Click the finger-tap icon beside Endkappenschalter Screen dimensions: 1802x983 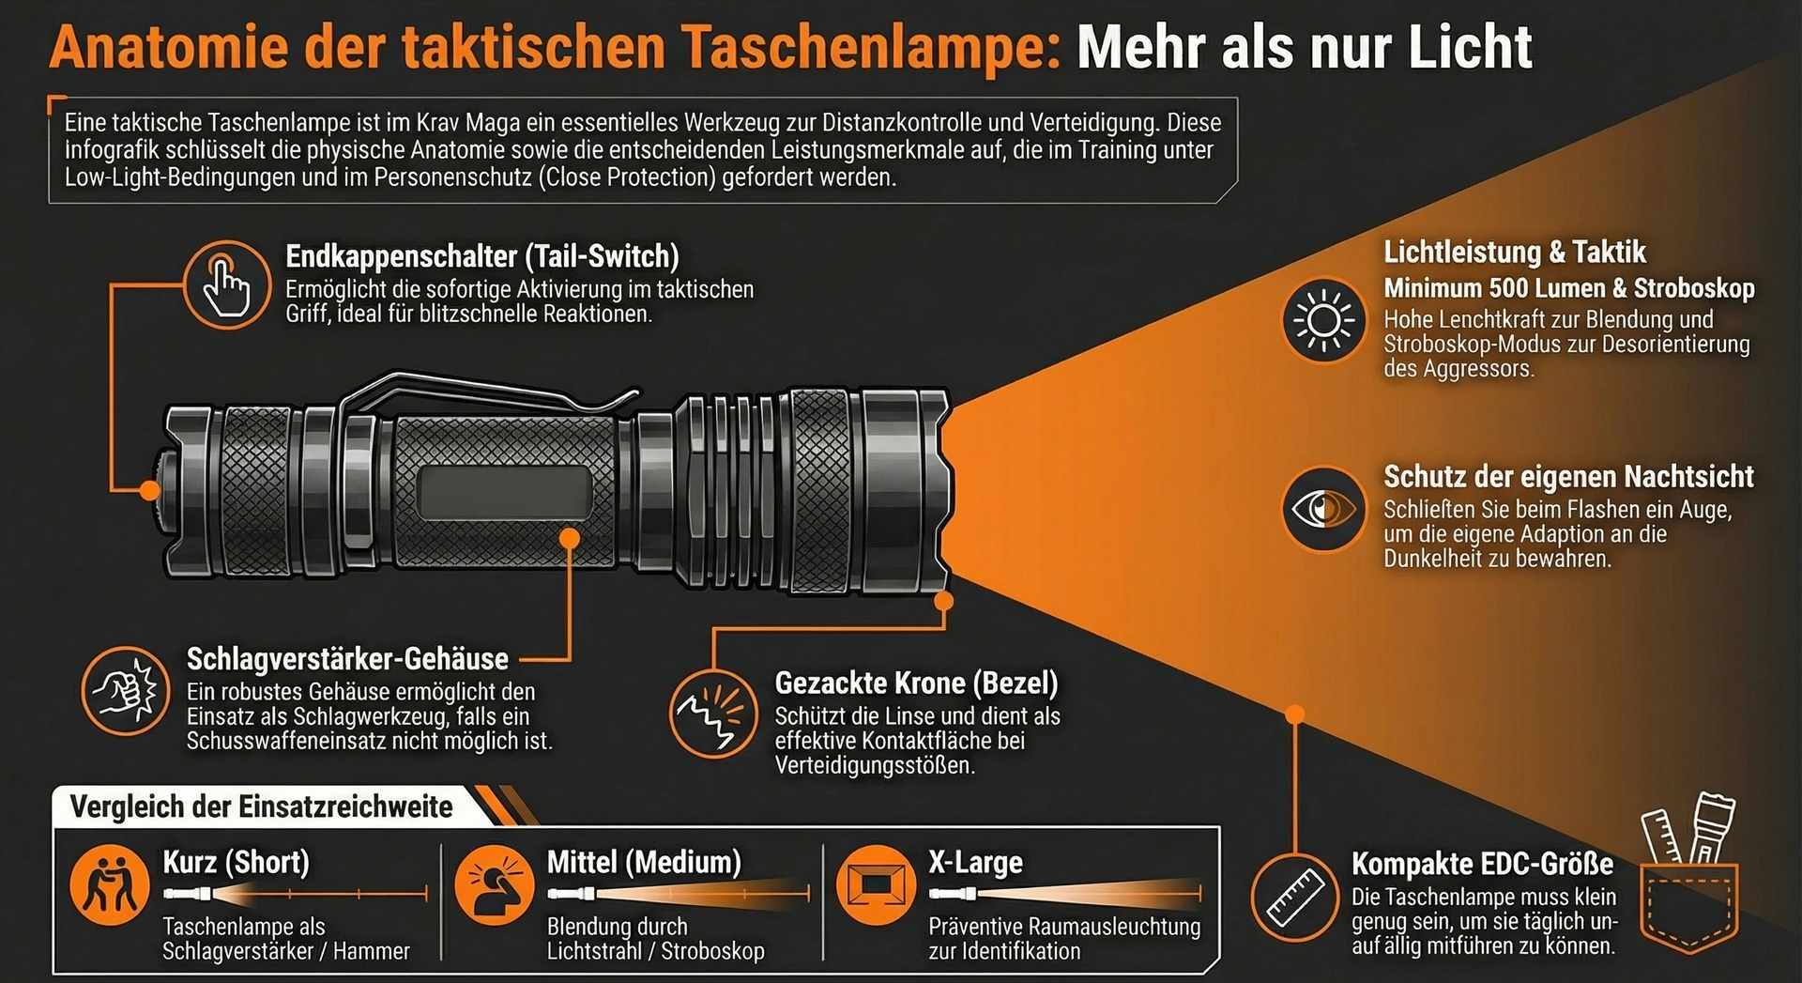[226, 284]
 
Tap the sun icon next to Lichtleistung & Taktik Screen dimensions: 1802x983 [1323, 320]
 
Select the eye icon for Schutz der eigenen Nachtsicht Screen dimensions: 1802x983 [1323, 510]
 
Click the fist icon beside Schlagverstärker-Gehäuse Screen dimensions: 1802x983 [125, 691]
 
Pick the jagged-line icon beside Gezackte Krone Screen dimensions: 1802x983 [713, 713]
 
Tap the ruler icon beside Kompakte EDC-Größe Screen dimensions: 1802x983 [1295, 896]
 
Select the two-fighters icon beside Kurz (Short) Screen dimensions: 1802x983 [110, 885]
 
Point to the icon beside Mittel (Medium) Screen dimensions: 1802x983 [495, 885]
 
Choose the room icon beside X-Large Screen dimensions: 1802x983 [876, 885]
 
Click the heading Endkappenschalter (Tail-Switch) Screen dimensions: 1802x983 [482, 256]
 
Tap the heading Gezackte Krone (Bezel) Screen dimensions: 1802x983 [916, 683]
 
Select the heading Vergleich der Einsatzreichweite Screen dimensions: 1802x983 [261, 806]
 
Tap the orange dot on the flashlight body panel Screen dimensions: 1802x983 [570, 538]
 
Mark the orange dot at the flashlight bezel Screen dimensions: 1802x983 [944, 600]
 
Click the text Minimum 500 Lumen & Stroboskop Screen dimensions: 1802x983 [1569, 288]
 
